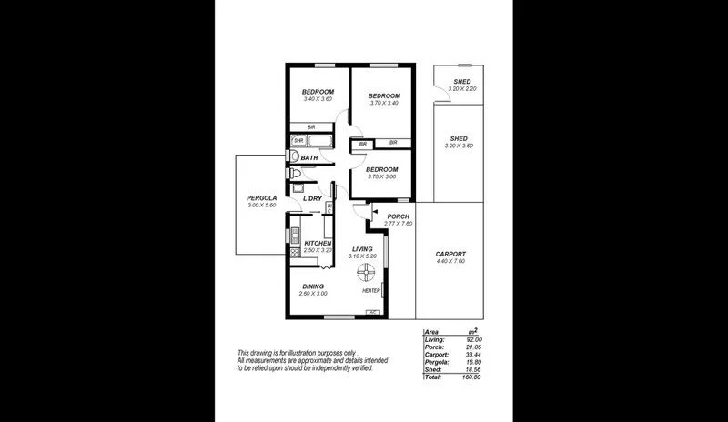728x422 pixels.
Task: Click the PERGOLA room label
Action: (x=261, y=197)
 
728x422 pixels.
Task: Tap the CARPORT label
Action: (x=450, y=254)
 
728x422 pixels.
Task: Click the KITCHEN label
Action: (x=318, y=243)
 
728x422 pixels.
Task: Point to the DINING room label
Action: (x=314, y=286)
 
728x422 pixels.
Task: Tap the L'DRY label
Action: (x=312, y=198)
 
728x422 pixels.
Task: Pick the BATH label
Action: (x=309, y=158)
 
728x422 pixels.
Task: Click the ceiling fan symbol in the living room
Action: (x=364, y=271)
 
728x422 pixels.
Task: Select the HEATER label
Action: (x=370, y=291)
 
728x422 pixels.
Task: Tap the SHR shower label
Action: (x=298, y=140)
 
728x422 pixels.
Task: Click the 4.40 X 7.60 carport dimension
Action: (x=450, y=262)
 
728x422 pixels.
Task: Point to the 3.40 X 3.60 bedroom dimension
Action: (x=318, y=99)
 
